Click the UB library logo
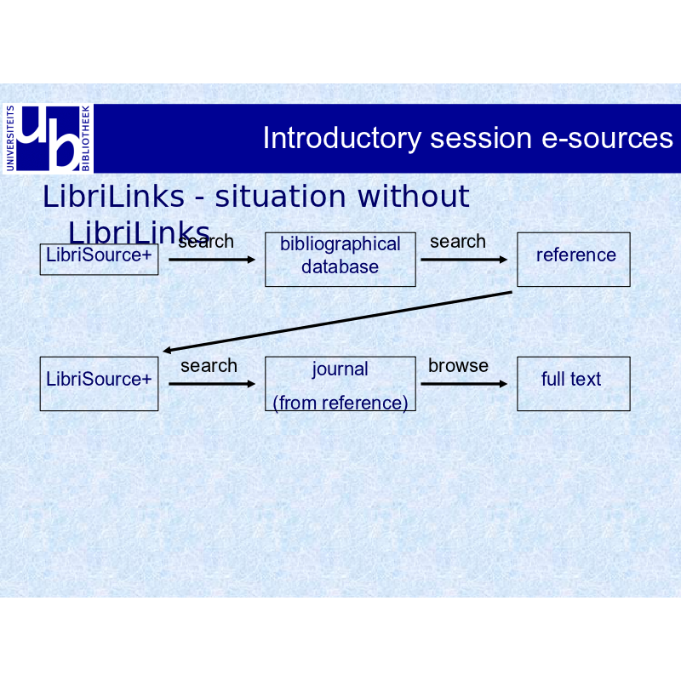point(49,139)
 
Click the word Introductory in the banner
point(342,139)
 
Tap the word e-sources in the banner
point(607,138)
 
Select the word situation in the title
point(280,197)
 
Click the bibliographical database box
point(340,260)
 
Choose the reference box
point(573,260)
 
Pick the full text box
point(573,384)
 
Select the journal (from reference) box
point(340,384)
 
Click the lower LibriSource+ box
point(99,384)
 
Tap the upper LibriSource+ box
point(99,260)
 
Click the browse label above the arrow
point(458,366)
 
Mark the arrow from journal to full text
point(464,384)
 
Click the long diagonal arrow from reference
point(337,322)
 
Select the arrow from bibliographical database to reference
point(464,260)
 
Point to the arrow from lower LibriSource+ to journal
point(212,384)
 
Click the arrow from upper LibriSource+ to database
point(212,260)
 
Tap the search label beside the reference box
point(458,242)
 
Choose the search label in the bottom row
point(209,366)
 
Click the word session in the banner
point(481,138)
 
